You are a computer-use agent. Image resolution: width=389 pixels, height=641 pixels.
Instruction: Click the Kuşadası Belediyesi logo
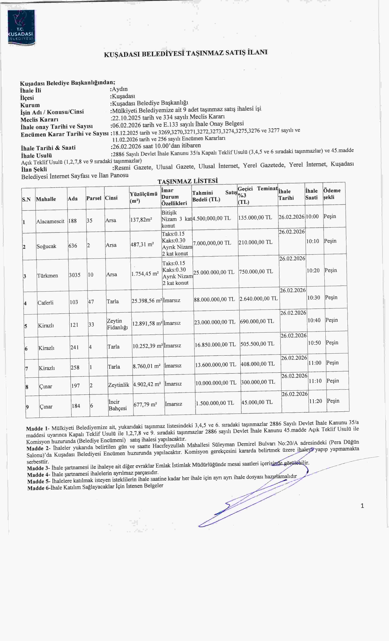tap(21, 28)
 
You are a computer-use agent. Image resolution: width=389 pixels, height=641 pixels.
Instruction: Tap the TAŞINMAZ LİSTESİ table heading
tap(188, 181)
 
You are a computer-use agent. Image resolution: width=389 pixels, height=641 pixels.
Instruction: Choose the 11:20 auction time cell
tap(316, 401)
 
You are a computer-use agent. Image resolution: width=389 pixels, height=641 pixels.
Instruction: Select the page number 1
tap(362, 506)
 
